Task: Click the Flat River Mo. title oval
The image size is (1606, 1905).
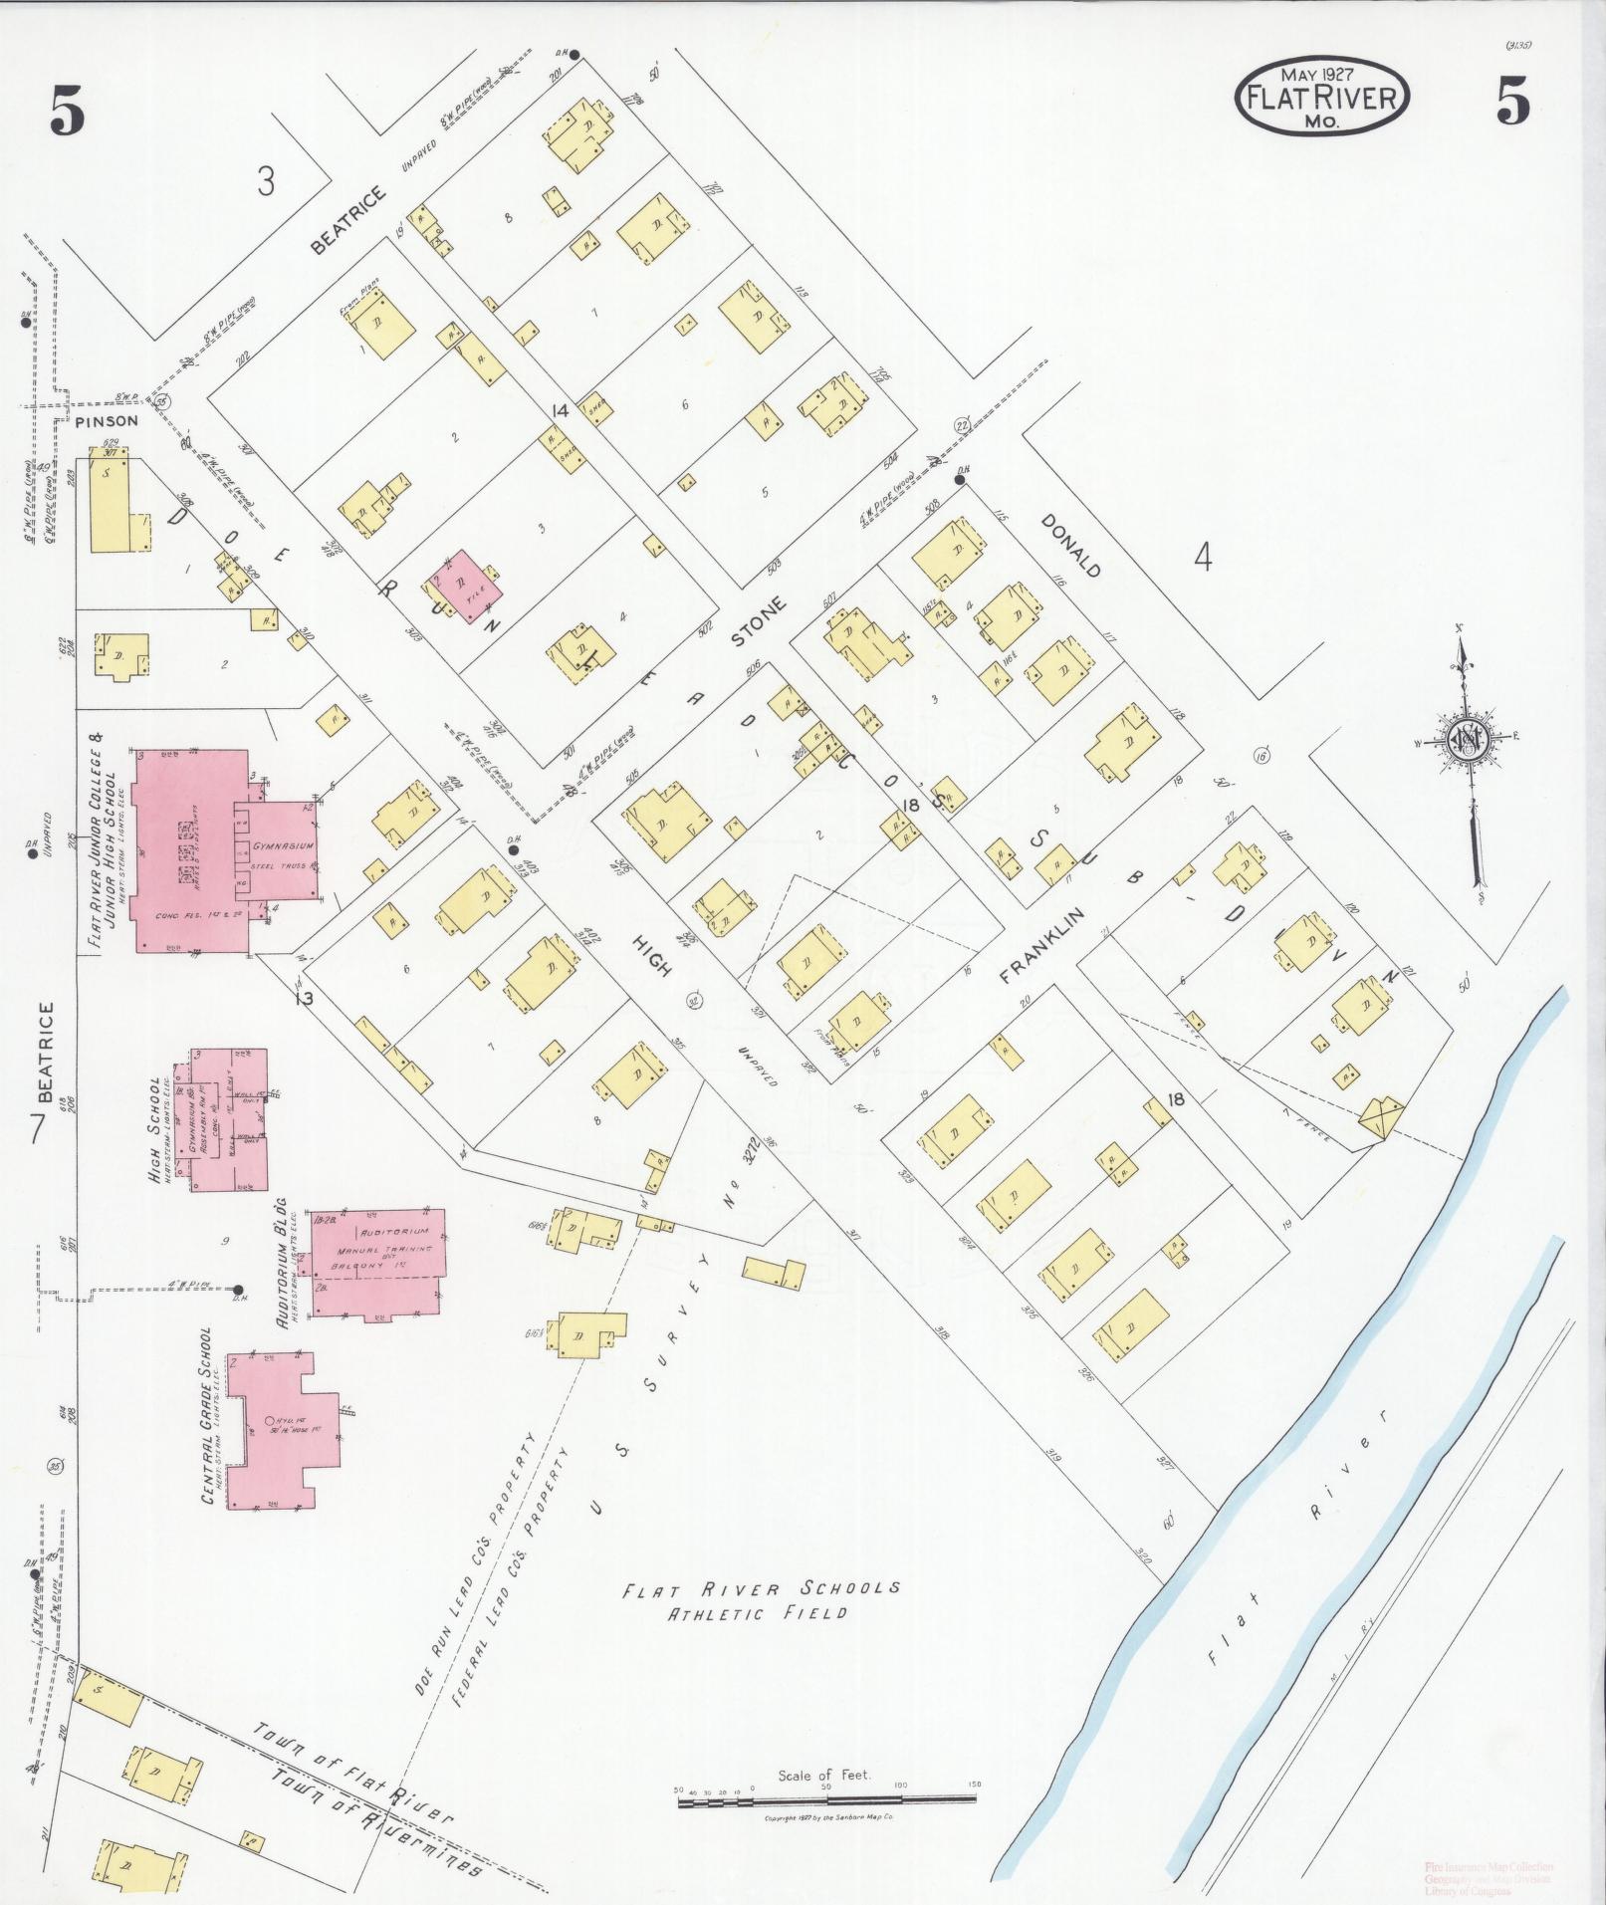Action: pyautogui.click(x=1321, y=95)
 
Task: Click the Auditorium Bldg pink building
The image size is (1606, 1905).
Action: pyautogui.click(x=377, y=1263)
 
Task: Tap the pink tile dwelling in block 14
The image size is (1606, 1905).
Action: pyautogui.click(x=463, y=588)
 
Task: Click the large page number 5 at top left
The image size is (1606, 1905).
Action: pyautogui.click(x=67, y=113)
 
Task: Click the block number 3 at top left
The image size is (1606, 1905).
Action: pyautogui.click(x=265, y=182)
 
